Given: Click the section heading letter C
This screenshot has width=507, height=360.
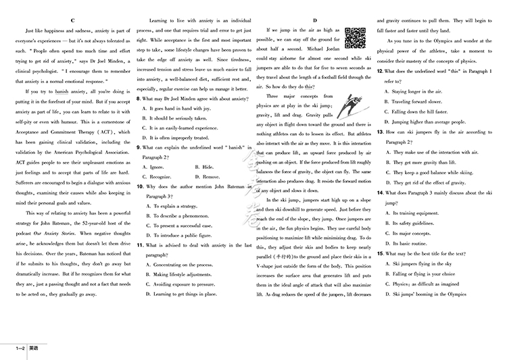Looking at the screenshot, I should click(72, 21).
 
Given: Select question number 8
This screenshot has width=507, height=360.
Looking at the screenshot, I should click(139, 98).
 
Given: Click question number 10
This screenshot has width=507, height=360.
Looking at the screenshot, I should click(140, 186).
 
